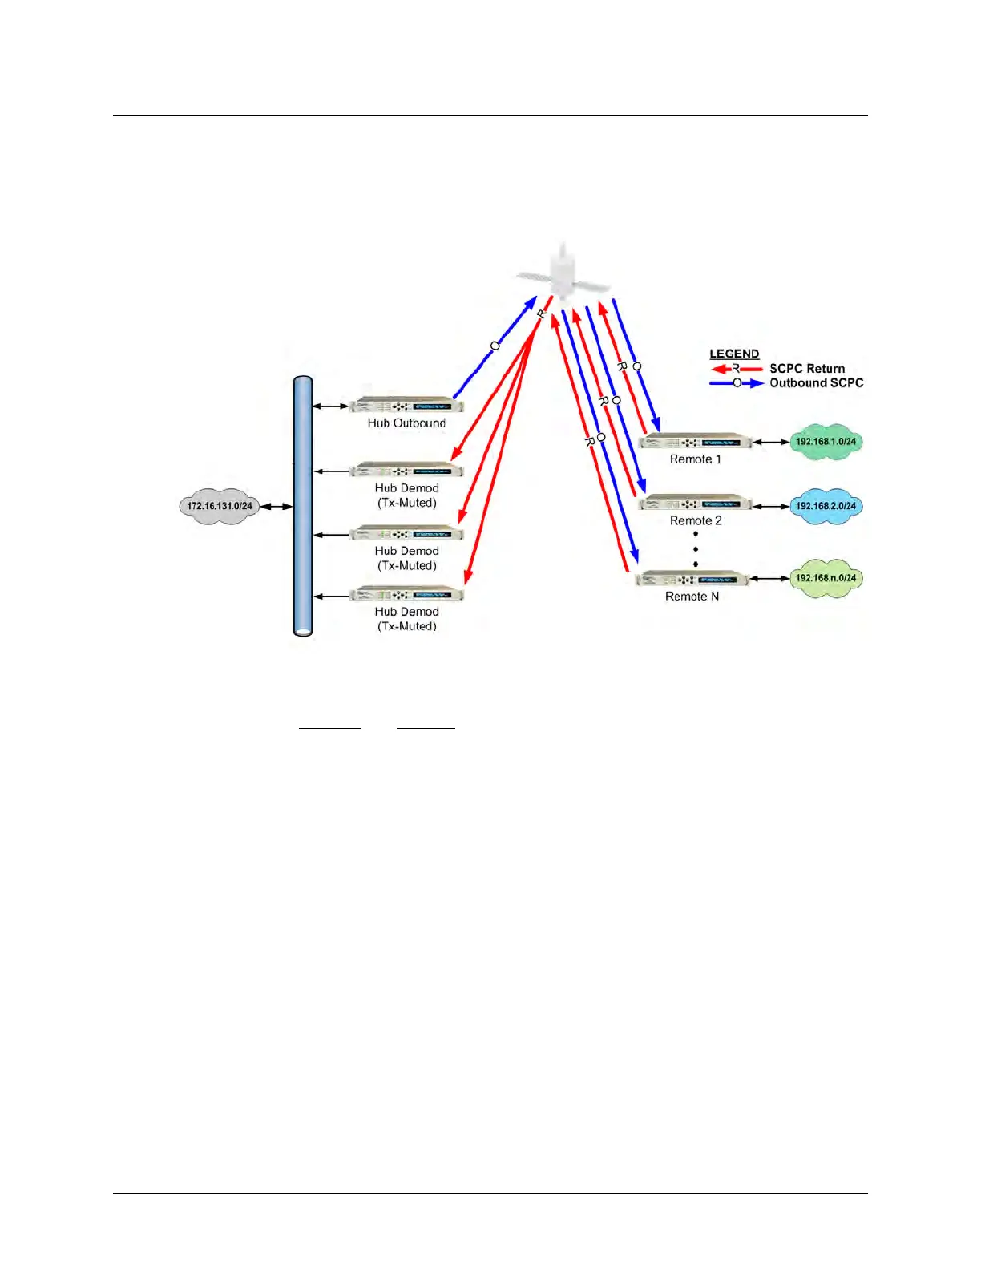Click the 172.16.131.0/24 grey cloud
coord(219,506)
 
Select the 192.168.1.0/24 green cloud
coord(826,442)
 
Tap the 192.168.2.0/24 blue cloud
coord(826,506)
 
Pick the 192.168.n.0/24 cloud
coord(826,578)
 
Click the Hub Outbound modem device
coord(406,405)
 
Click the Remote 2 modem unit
coord(696,504)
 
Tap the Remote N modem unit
coord(692,579)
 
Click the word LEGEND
coord(734,354)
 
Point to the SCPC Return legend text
coord(807,369)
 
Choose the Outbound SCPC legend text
coord(816,383)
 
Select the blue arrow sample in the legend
coord(737,383)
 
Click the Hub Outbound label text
coord(406,423)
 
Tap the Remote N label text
coord(692,597)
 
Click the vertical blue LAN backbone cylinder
coord(303,506)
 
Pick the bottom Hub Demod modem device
coord(406,594)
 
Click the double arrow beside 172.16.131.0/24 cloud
coord(276,506)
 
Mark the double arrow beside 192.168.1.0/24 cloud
coord(771,442)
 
